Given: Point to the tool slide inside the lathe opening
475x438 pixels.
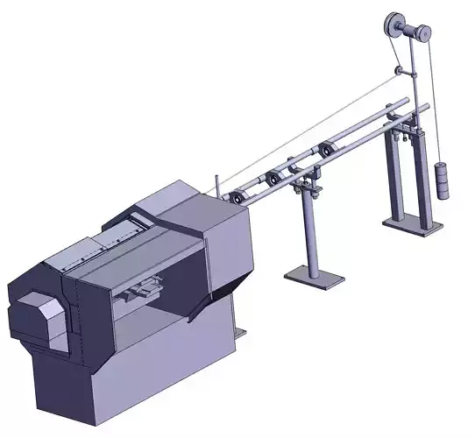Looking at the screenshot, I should [x=143, y=292].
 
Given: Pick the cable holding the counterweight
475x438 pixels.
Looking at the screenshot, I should [x=437, y=105].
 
